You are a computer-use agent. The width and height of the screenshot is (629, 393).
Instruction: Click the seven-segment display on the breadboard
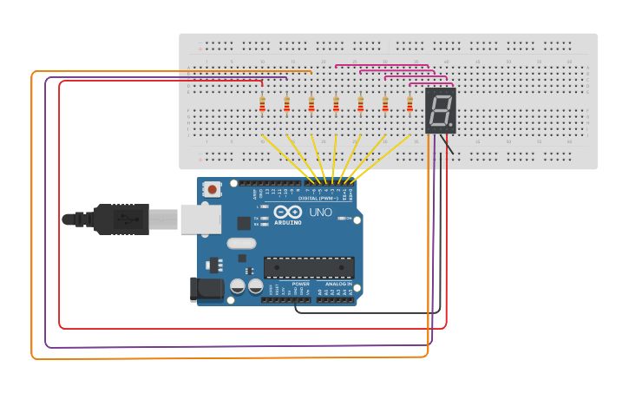coord(441,110)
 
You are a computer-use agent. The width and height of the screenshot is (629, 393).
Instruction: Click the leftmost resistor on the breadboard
coord(262,105)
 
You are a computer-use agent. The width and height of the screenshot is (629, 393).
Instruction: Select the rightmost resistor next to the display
coord(410,105)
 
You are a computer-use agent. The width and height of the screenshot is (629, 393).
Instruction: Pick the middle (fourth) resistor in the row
coord(336,105)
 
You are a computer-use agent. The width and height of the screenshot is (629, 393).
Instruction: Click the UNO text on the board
coord(320,213)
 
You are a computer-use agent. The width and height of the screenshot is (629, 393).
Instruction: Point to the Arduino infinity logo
coord(287,212)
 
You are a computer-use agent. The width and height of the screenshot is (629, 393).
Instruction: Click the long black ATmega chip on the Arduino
coord(309,268)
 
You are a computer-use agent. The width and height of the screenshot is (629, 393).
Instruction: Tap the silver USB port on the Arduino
coord(200,219)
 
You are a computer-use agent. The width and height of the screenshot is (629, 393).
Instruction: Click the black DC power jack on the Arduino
coord(205,289)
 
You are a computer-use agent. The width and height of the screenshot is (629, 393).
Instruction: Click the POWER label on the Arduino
coord(300,284)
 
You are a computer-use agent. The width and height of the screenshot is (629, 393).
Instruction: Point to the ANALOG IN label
coord(338,284)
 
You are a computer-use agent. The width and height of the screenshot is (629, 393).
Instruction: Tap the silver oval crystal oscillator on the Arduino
coord(242,245)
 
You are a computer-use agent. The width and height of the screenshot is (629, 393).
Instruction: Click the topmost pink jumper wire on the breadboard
coord(382,64)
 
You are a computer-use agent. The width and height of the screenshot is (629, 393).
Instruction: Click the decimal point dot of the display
coord(451,125)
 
